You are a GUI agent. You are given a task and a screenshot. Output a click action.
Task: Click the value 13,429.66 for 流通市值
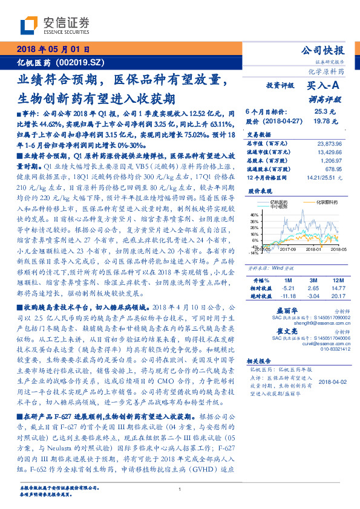click(330, 153)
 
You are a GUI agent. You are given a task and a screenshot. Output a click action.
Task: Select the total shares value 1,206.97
click(332, 162)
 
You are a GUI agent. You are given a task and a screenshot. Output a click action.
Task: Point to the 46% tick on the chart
click(254, 214)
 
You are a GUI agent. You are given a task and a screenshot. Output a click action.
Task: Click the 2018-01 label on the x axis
click(313, 248)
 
